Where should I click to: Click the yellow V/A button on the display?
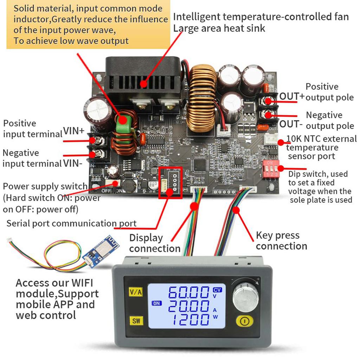135,292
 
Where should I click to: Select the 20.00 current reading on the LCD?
188,306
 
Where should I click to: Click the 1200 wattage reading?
188,320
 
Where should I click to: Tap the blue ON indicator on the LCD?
156,303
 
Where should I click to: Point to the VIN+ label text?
74,131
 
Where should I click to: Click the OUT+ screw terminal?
269,102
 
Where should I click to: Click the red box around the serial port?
171,182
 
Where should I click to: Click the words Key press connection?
281,240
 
